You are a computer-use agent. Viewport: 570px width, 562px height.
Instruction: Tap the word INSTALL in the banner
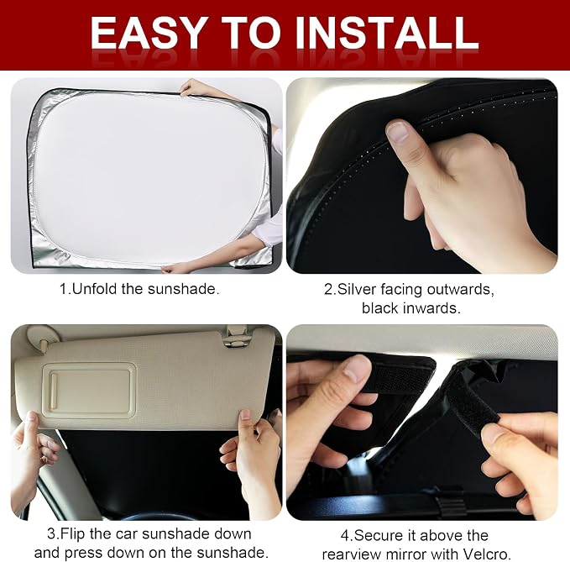(x=387, y=33)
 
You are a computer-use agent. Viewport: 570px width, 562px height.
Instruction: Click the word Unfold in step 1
(x=95, y=289)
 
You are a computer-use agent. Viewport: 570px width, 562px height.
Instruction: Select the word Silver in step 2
(x=357, y=290)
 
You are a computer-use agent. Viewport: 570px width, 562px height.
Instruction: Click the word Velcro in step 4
(x=486, y=554)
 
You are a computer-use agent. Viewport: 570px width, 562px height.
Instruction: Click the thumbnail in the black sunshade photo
(x=397, y=131)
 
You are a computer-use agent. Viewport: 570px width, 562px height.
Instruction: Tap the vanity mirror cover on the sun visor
(x=89, y=391)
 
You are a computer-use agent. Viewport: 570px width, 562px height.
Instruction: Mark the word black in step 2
(x=380, y=308)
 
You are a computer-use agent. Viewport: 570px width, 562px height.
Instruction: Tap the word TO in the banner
(x=250, y=33)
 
